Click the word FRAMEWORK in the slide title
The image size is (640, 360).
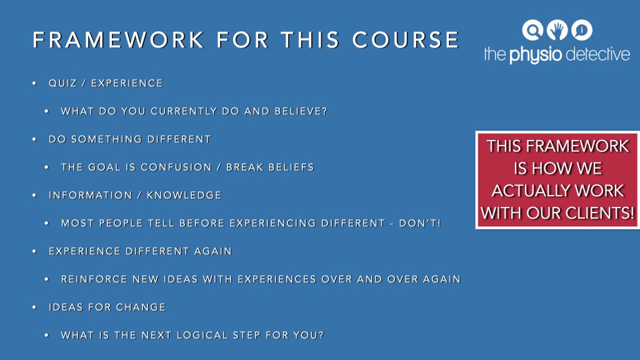(x=118, y=40)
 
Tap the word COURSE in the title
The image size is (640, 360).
(x=406, y=40)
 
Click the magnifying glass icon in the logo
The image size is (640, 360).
(x=532, y=30)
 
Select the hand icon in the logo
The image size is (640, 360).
(x=557, y=30)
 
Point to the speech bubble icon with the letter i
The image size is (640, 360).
(x=582, y=30)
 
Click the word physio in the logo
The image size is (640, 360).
(x=536, y=55)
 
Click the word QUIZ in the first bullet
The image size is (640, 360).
(x=62, y=83)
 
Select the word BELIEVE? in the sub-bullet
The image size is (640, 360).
(x=301, y=111)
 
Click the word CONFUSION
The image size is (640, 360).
(x=176, y=167)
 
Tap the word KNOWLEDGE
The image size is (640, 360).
(x=184, y=195)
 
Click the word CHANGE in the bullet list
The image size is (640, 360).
(x=141, y=307)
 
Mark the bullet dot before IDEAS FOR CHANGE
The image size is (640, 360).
(x=34, y=307)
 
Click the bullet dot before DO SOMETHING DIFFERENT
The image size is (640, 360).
(x=34, y=139)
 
